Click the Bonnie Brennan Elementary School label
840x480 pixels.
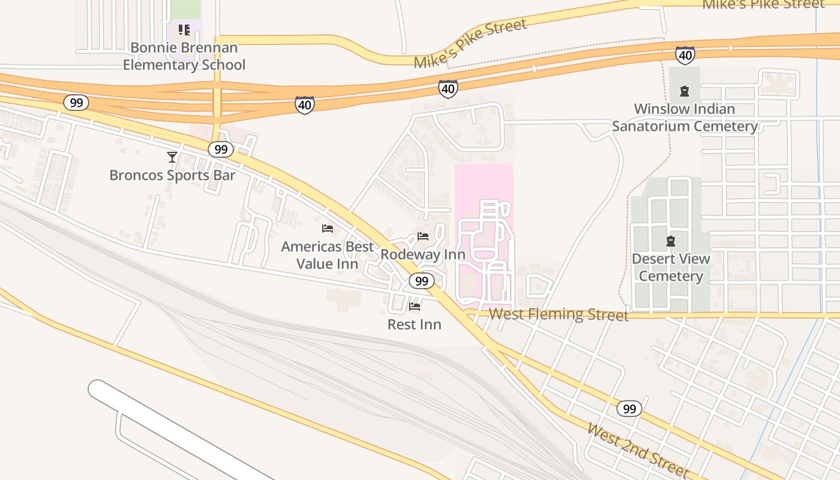coord(184,56)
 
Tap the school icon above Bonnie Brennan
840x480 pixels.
coord(184,29)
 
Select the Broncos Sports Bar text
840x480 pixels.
coord(172,175)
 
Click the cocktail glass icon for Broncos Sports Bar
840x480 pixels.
coord(172,157)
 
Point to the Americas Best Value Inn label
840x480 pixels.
coord(328,255)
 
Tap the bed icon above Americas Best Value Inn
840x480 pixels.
coord(328,229)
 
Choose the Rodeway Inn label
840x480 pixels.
coord(423,254)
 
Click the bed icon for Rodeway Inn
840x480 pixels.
coord(423,236)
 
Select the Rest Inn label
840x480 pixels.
coord(414,325)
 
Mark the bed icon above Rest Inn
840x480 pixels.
coord(414,307)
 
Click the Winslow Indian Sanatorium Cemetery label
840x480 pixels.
coord(685,118)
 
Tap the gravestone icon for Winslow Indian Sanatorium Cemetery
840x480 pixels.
coord(684,92)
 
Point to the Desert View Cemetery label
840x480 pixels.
coord(671,268)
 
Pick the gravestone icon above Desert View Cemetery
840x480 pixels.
coord(671,241)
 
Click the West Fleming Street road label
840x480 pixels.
coord(559,314)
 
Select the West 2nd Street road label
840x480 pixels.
coord(638,450)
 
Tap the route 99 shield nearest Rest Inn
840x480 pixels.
coord(422,281)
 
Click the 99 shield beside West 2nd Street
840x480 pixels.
coord(629,409)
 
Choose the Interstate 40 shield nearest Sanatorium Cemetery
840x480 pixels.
coord(685,55)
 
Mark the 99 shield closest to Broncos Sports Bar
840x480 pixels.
coord(220,149)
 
